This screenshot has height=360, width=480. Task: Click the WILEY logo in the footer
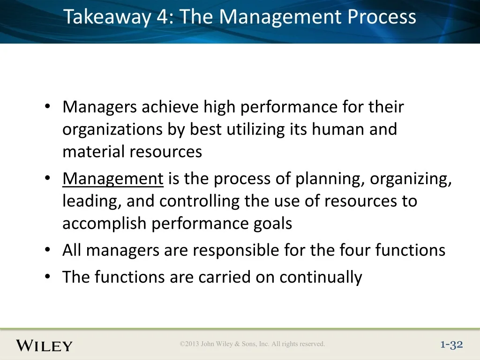coord(45,345)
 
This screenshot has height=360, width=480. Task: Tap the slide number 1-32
coord(451,345)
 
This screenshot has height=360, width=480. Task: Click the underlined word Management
coord(113,179)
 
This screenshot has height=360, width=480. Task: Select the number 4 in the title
coord(163,16)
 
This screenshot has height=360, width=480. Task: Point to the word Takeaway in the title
coord(107,17)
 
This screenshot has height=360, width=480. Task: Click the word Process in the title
coord(382,16)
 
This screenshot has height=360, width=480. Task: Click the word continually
coord(321,277)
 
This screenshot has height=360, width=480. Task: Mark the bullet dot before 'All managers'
coord(47,250)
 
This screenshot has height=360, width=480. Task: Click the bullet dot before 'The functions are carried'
coord(47,277)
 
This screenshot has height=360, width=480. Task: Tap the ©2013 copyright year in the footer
coord(189,344)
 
